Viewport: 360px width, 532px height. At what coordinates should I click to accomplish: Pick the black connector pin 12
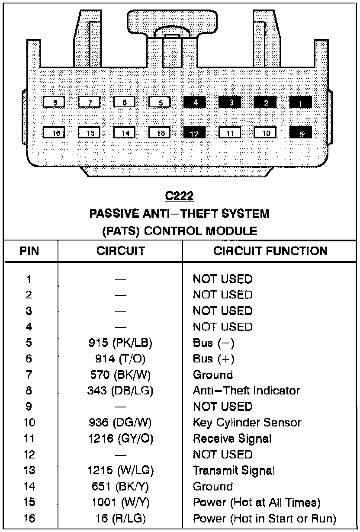point(195,133)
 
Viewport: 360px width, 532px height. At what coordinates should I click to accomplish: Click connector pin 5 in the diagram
point(160,103)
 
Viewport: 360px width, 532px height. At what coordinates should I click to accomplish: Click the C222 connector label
point(180,196)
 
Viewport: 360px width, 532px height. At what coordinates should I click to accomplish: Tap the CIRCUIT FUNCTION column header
point(270,251)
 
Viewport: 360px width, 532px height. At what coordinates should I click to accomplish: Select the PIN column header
point(30,251)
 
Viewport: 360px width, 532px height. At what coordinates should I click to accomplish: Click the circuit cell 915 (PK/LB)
point(121,343)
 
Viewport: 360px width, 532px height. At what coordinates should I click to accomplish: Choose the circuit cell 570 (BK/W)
point(121,375)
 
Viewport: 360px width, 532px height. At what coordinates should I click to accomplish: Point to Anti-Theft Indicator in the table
point(246,391)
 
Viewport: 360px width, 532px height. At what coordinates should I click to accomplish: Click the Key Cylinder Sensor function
point(247,422)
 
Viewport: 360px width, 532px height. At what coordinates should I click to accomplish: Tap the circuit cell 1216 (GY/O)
point(121,439)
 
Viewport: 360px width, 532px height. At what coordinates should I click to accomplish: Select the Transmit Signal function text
point(234,470)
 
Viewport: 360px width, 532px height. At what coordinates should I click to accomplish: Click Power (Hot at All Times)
point(257,502)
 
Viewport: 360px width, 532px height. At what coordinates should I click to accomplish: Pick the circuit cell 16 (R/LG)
point(121,518)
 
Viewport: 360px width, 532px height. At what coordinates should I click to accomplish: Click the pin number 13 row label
point(29,470)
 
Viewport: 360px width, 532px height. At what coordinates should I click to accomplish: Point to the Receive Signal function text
point(232,439)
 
